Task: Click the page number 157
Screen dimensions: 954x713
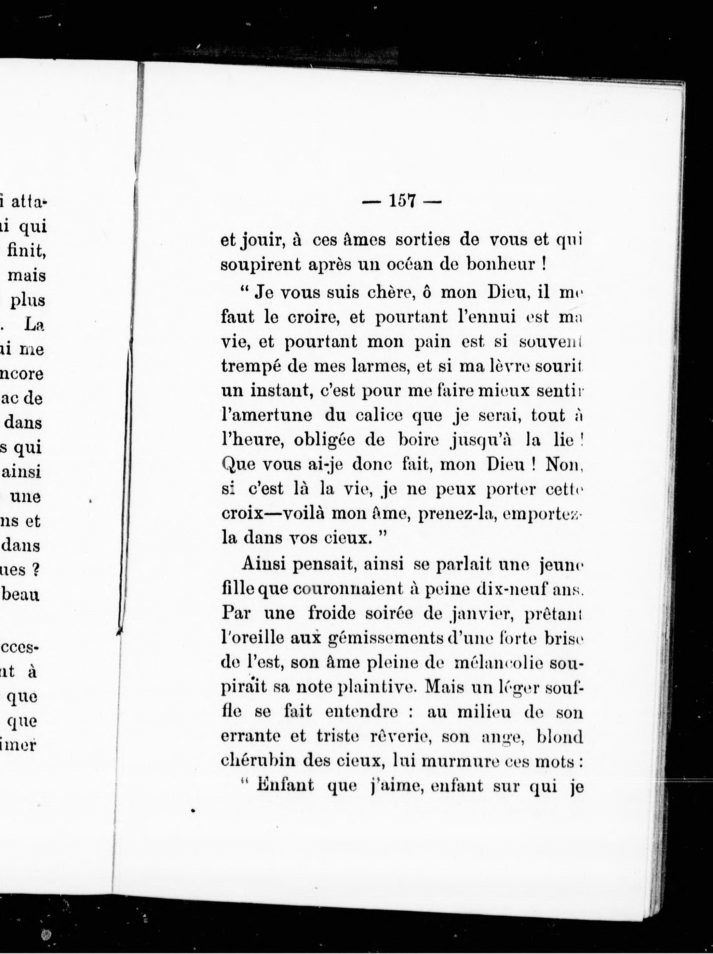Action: tap(402, 201)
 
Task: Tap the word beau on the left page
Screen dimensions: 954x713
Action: tap(21, 595)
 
